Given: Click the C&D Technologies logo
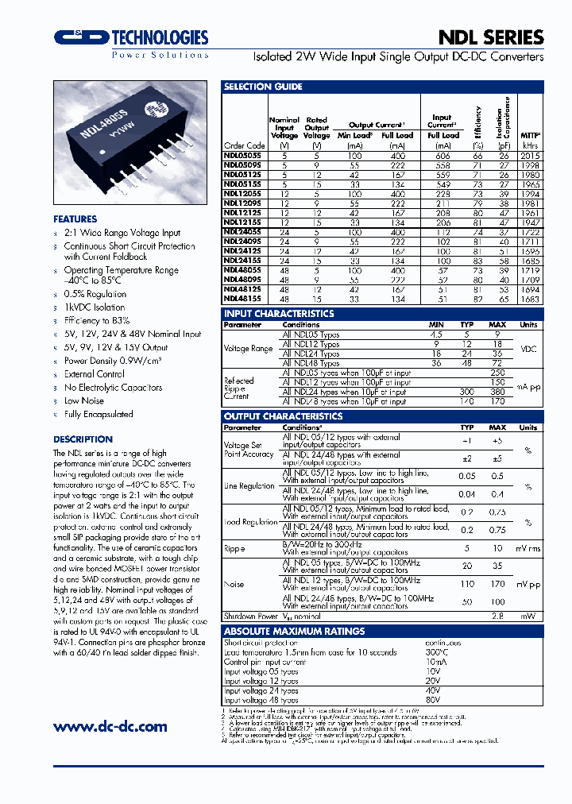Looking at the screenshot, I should point(131,37).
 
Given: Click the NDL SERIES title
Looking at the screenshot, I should point(491,37).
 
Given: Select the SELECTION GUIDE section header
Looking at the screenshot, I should point(263,87).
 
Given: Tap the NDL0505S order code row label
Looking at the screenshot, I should point(244,157).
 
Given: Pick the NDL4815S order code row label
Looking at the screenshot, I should point(244,300).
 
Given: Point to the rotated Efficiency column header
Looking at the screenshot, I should point(478,124).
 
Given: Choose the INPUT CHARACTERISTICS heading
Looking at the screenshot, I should point(279,314).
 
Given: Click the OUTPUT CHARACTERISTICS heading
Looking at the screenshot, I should point(284,416).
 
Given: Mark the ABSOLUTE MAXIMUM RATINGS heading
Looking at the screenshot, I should point(295,631).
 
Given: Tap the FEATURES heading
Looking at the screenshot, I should point(75,218).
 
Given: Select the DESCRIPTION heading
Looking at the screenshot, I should point(83,439).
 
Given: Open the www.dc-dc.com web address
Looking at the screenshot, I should point(110,726).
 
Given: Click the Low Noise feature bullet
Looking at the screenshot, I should point(84,401).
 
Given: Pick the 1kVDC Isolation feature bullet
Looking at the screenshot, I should point(95,307).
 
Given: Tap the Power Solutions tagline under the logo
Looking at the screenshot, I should point(160,55).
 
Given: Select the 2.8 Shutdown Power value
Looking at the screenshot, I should point(498,616).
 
